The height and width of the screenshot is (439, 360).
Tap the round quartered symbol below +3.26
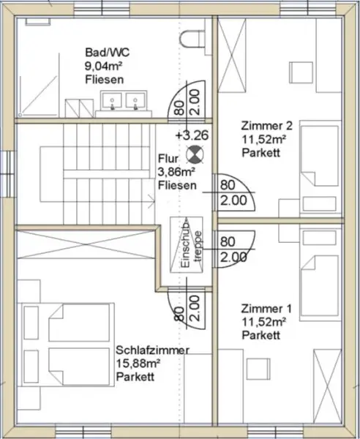195,153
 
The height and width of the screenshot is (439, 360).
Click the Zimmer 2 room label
260,125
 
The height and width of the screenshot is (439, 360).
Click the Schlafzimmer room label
152,352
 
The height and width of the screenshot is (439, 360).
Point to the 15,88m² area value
136,364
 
